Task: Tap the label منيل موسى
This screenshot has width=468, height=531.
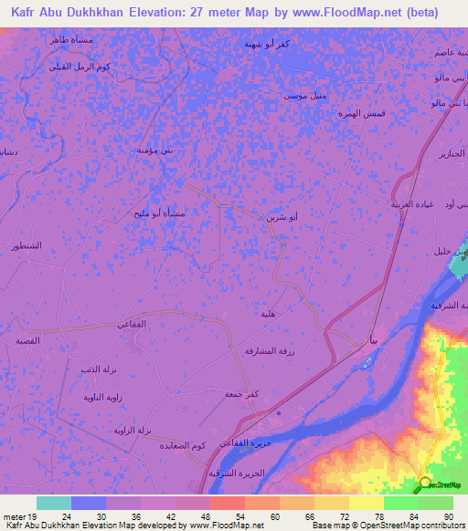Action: (303, 96)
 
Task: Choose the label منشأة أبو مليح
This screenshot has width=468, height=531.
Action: (161, 214)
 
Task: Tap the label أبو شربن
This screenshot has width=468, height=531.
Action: (282, 219)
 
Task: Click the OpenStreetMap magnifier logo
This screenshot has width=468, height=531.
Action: (426, 484)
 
